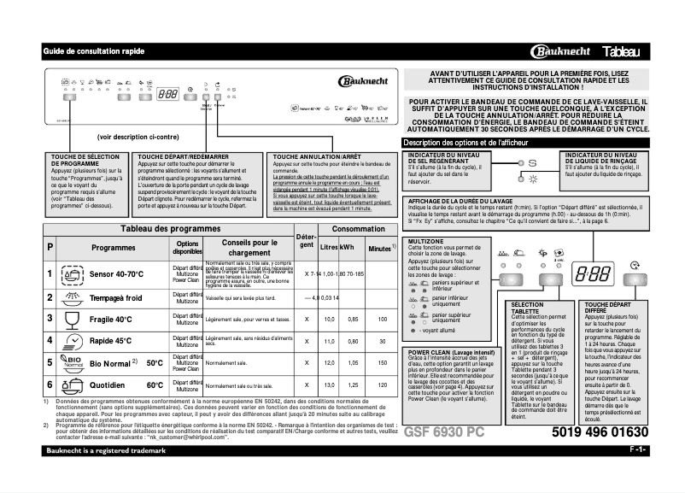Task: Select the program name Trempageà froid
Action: [x=115, y=297]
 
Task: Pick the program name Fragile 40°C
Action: [x=110, y=319]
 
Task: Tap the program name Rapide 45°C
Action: [x=111, y=340]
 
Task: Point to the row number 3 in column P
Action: [x=50, y=319]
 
